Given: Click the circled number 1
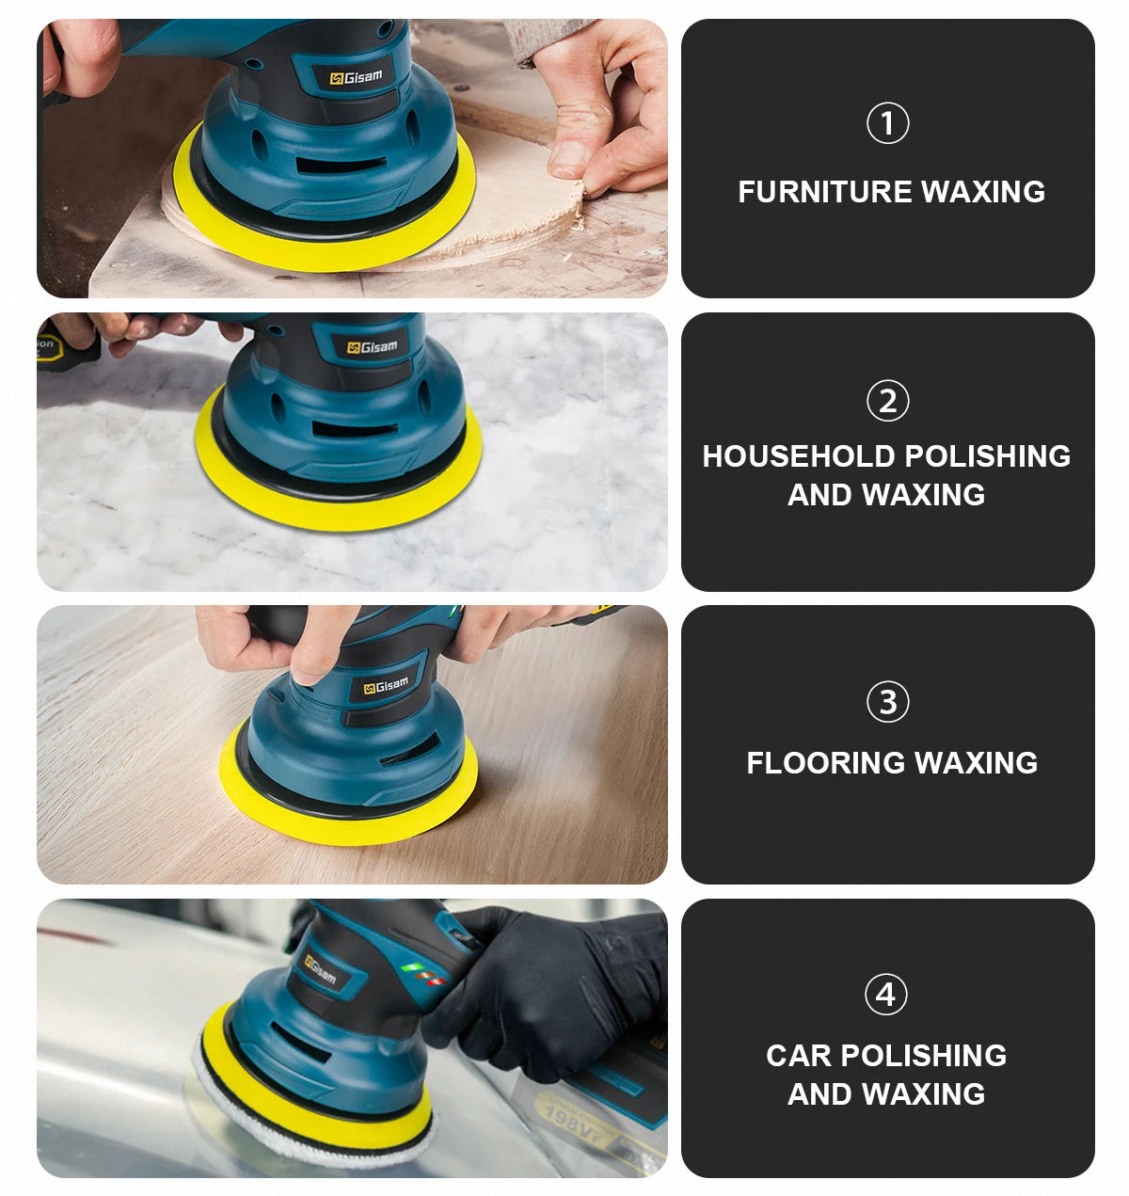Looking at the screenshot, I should point(887,123).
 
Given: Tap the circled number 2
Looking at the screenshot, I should point(887,401).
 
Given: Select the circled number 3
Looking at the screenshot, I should point(887,702).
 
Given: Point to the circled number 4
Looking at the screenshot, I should point(886,995).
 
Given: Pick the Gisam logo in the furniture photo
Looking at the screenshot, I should point(357,77).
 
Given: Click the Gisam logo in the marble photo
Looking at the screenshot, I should point(373,347).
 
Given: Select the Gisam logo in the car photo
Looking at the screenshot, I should point(320,967).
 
